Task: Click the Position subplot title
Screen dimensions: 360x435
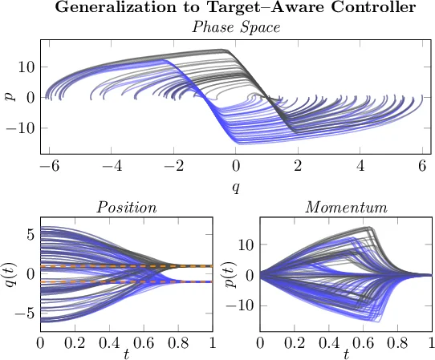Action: pos(126,208)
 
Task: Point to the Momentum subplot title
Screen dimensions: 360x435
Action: pos(346,208)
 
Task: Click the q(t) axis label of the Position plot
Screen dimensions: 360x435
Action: pos(10,274)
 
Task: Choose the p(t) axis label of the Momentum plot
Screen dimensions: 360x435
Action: pos(230,274)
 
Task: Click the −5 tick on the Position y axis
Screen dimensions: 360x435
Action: pos(25,313)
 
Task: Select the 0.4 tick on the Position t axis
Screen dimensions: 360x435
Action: pos(109,343)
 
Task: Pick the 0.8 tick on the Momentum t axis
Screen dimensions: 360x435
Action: pos(398,343)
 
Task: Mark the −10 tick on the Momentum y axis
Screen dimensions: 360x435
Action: pos(242,305)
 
